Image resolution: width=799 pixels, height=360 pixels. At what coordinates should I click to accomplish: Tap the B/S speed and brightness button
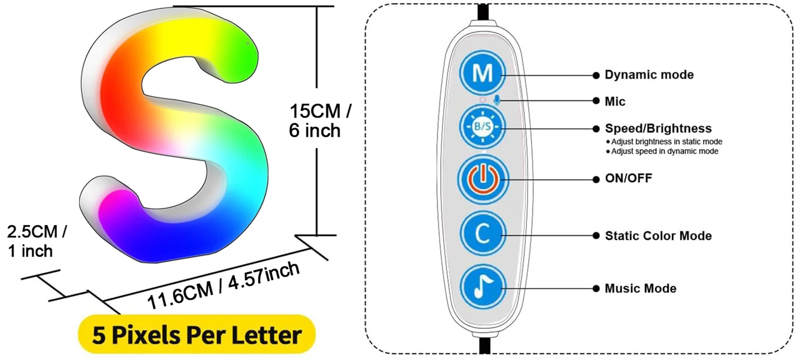coord(483,127)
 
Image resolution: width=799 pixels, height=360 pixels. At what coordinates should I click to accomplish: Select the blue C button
coord(483,234)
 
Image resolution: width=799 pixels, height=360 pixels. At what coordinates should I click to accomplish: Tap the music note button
coord(483,288)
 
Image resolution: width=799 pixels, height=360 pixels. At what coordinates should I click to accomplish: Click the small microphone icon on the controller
coord(497,100)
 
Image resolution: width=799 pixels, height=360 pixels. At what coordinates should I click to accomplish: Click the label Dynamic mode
coord(649,75)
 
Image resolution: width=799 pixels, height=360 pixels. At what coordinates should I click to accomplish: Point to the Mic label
coord(615,101)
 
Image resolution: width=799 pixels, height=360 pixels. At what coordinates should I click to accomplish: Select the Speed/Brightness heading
coord(658,128)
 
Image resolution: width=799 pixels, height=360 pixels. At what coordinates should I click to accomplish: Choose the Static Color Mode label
coord(658,235)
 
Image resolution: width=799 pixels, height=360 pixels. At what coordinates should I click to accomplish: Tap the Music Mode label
coord(640,289)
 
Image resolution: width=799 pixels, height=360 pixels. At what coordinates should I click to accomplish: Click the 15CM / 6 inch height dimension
coord(320,121)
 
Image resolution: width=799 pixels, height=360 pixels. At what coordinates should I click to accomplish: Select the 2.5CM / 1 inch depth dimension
coord(36,241)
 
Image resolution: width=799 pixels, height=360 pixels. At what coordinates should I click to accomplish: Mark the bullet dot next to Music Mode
coord(596,289)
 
